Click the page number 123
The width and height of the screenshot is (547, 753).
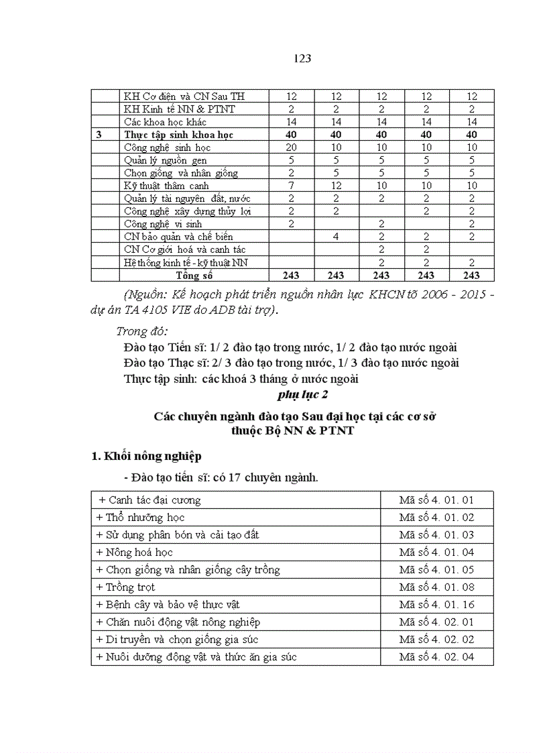tap(302, 58)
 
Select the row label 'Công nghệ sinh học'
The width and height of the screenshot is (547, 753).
tap(167, 148)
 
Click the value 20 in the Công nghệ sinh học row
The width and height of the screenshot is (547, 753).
tap(291, 148)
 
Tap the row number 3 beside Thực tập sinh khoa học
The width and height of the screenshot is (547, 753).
tap(99, 135)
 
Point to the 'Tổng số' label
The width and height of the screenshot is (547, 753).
tap(194, 275)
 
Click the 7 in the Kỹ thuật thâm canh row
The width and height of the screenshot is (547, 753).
tap(291, 186)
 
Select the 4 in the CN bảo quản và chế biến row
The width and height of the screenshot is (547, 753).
tap(337, 237)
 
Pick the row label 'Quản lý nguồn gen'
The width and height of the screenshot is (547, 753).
tap(165, 160)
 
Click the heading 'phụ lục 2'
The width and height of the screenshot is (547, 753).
tap(302, 394)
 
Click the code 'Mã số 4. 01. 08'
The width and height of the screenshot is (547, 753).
tap(436, 587)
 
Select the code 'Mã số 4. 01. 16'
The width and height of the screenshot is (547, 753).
tap(436, 605)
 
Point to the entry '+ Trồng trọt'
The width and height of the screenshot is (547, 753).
tap(125, 587)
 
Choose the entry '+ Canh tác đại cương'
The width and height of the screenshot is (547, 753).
tap(149, 500)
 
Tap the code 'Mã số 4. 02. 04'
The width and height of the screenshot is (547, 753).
tap(436, 657)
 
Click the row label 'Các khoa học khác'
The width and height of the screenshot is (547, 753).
tap(165, 122)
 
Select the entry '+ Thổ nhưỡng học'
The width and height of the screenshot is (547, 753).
tap(140, 518)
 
